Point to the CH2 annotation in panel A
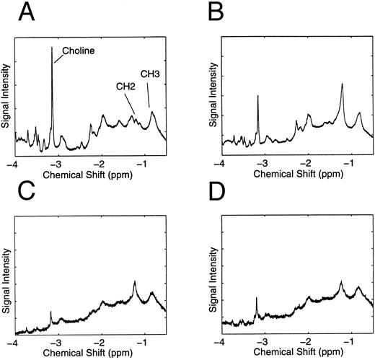point(126,85)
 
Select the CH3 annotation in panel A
point(150,73)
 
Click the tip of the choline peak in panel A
point(52,48)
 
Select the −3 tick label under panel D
point(262,343)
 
